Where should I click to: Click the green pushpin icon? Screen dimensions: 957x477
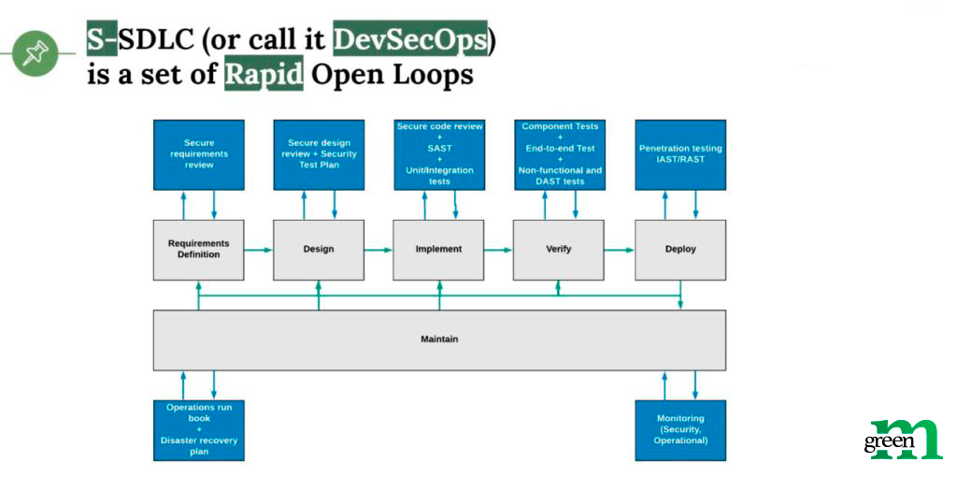point(35,53)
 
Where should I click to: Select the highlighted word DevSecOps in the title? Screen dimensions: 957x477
point(410,41)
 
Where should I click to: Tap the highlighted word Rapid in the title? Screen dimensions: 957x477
point(264,75)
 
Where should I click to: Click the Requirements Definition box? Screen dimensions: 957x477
point(198,249)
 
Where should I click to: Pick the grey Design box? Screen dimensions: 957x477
point(319,249)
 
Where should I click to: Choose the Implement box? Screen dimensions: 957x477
point(439,249)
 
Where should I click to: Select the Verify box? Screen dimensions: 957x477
point(559,249)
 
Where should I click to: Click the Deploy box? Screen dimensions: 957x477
point(680,249)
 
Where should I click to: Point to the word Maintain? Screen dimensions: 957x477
point(439,339)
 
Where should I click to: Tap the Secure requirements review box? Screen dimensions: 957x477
point(198,154)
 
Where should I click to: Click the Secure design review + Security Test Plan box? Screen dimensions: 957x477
point(319,154)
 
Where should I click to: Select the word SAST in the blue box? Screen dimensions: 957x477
point(439,148)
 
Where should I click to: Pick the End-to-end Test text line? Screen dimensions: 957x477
point(561,148)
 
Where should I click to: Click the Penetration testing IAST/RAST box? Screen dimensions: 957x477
point(680,154)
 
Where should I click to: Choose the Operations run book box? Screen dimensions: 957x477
point(198,430)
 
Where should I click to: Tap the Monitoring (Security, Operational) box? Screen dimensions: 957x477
point(680,430)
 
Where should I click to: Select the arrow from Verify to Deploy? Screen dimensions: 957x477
point(620,250)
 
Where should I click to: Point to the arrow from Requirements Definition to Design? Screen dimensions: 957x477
point(259,250)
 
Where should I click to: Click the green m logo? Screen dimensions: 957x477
point(904,439)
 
